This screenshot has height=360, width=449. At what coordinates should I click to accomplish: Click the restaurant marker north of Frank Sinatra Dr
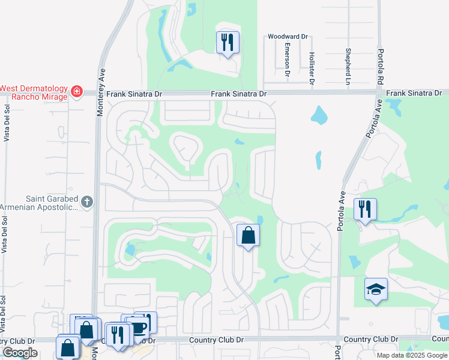(228, 42)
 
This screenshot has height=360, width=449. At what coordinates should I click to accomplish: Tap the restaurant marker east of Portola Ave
(364, 209)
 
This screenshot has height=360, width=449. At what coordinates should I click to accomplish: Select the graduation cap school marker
(376, 289)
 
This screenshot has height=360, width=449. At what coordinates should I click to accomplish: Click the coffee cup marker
(137, 327)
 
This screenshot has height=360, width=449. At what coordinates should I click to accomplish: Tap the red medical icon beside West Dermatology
(76, 92)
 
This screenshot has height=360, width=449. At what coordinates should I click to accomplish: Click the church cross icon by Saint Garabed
(87, 202)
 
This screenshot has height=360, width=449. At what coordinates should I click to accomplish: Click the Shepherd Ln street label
(348, 66)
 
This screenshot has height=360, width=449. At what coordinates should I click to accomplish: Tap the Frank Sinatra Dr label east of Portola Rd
(414, 93)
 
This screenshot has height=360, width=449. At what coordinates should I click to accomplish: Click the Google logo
(20, 353)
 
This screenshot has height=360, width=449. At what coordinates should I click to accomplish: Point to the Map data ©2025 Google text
(411, 355)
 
